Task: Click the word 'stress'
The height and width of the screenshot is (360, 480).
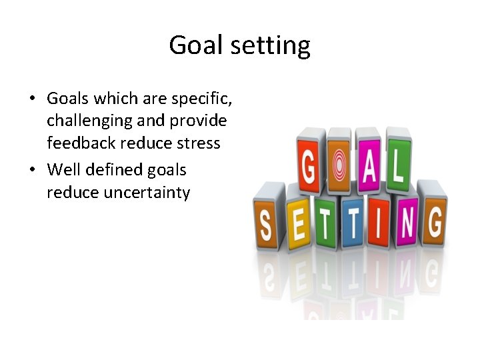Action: coord(198,143)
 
